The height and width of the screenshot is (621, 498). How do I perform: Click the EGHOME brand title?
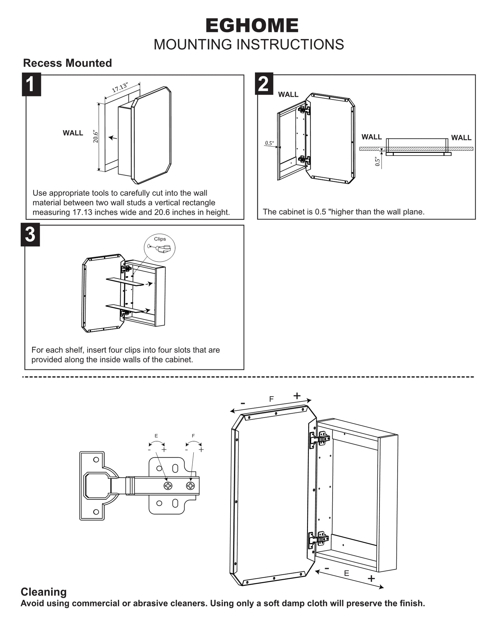click(x=252, y=25)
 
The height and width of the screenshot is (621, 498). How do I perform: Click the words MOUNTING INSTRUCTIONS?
click(x=249, y=45)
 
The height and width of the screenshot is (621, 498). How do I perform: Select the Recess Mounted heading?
click(x=67, y=63)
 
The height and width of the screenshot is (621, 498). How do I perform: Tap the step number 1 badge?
click(x=31, y=84)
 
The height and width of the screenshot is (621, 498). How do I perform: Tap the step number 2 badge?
click(x=264, y=84)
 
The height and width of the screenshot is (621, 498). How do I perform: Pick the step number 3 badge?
click(x=30, y=235)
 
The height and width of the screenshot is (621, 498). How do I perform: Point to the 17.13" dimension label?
click(x=120, y=88)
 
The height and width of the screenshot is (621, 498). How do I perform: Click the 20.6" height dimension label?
click(x=96, y=137)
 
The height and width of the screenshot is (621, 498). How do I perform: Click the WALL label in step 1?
click(x=73, y=133)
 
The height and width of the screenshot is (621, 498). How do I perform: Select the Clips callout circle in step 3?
click(x=160, y=248)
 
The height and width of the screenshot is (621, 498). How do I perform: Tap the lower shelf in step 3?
click(x=125, y=308)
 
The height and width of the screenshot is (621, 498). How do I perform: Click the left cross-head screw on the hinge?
click(x=168, y=485)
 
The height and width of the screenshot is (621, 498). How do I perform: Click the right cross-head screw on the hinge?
click(x=190, y=485)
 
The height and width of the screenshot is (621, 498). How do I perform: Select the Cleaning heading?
click(x=44, y=592)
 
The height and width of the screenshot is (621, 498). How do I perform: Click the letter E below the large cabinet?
click(x=346, y=573)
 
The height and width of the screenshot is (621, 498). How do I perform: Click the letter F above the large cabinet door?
click(x=271, y=399)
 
